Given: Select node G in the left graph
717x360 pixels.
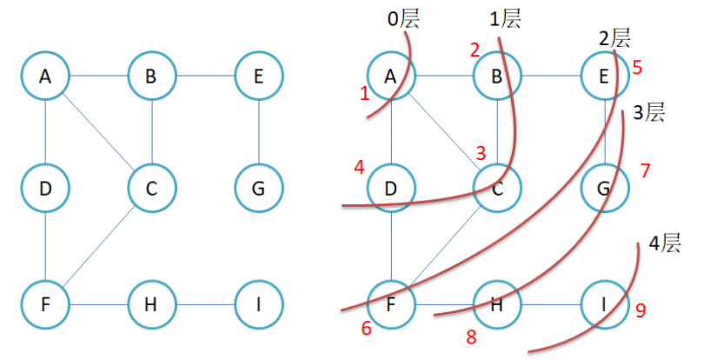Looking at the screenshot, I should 258,188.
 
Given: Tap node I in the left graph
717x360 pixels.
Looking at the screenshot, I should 258,305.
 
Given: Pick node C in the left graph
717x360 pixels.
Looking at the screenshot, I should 151,188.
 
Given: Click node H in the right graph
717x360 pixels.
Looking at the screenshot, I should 497,305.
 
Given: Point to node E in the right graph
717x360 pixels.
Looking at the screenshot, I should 604,77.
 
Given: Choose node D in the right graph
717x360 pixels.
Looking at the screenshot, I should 390,188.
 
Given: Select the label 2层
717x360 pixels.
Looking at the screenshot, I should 614,38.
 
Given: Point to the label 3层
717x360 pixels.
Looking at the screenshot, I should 647,112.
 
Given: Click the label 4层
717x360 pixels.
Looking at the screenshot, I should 665,243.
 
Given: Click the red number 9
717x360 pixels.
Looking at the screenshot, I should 641,310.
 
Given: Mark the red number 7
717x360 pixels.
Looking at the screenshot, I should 644,170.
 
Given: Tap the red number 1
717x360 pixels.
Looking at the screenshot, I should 365,92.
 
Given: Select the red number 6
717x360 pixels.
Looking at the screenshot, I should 366,328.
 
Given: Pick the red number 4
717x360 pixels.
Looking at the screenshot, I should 359,166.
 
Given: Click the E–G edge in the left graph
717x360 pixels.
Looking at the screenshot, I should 258,132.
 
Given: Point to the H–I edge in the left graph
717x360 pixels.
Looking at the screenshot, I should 204,305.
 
